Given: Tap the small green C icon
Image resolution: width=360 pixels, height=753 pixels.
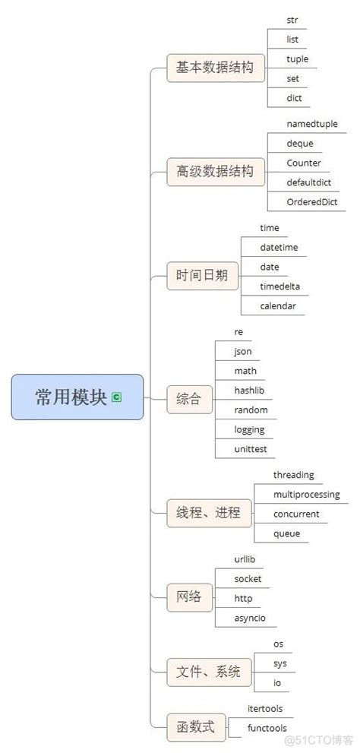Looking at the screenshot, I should tap(116, 397).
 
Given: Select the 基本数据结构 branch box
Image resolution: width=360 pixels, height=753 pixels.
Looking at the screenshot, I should tap(216, 68).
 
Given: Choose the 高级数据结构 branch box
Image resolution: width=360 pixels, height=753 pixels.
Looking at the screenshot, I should tap(216, 172).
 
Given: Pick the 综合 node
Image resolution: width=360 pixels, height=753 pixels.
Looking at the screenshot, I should tap(189, 398).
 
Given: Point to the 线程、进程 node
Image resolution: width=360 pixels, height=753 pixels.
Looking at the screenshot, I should tap(208, 512).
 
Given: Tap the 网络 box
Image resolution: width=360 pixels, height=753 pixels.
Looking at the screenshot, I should tap(189, 596).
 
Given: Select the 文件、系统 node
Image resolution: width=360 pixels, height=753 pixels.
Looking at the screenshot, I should tap(208, 672).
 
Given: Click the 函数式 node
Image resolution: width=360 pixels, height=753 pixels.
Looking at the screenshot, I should tap(195, 727).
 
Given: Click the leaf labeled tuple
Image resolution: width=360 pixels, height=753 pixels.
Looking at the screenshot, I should tap(298, 59).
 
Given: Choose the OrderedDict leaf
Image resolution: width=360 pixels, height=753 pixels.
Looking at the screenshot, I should tap(311, 201).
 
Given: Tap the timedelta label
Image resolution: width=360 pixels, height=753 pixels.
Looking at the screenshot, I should tap(285, 286).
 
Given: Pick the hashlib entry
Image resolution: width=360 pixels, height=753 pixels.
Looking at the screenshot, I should tap(249, 390).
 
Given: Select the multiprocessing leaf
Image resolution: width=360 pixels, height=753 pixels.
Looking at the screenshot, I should tap(306, 495).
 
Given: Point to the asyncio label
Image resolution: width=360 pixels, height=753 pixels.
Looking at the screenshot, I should tap(250, 618).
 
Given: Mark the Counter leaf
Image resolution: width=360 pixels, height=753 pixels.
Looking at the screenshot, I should tap(304, 163).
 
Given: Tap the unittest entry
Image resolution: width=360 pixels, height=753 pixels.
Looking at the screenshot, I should tap(251, 449).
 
